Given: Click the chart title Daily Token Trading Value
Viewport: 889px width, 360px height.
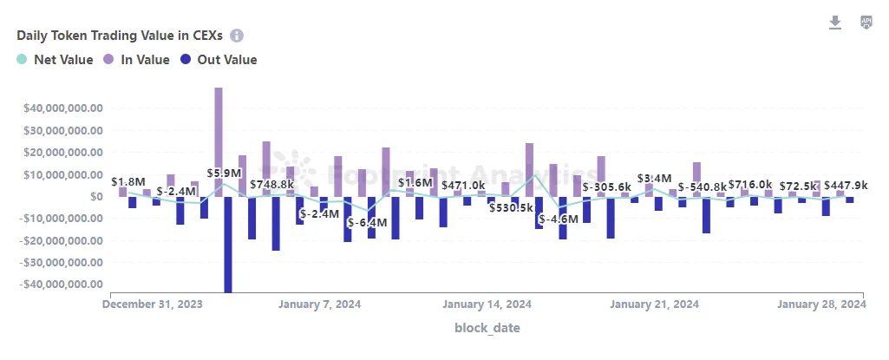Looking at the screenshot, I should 121,36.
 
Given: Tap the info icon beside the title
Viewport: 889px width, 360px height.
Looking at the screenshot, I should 237,36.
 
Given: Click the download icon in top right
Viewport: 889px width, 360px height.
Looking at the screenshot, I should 835,23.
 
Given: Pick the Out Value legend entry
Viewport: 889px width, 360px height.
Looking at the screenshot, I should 218,60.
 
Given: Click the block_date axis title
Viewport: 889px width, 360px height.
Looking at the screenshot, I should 487,328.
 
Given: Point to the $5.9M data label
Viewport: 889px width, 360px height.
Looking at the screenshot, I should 224,173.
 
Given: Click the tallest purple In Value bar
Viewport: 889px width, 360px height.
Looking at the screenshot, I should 219,139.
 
